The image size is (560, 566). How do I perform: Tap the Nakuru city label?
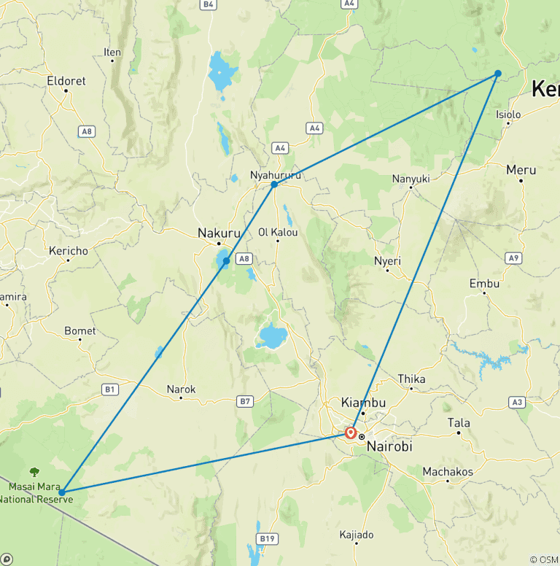[x=219, y=233]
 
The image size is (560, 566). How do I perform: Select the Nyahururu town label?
[x=275, y=176]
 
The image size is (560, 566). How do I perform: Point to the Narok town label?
[x=181, y=389]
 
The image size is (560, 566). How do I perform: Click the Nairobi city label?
[x=389, y=446]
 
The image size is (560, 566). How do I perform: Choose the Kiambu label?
[x=363, y=403]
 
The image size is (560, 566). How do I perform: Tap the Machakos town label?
[x=448, y=472]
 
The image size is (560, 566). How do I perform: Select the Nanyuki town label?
[x=411, y=179]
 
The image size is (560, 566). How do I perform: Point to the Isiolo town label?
[x=508, y=115]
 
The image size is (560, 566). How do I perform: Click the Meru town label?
[x=521, y=170]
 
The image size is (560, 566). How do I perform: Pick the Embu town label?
[x=485, y=283]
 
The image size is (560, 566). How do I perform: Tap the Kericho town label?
[x=69, y=251]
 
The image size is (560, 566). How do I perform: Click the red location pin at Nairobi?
[x=351, y=433]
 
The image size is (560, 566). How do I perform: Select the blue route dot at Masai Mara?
[x=62, y=492]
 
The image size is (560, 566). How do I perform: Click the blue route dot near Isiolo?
[x=498, y=73]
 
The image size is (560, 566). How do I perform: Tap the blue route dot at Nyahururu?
[x=274, y=185]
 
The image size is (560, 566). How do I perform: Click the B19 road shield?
[x=268, y=539]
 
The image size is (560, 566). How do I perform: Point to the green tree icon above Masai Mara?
[x=34, y=473]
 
